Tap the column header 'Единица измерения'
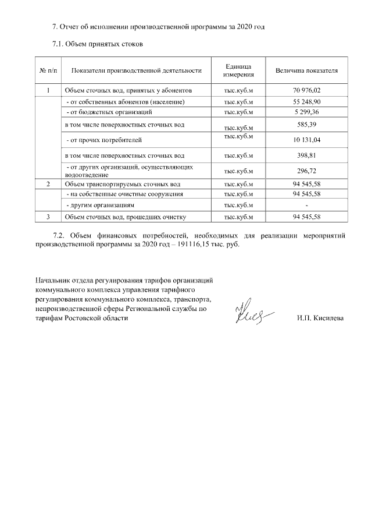238,70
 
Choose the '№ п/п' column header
48,70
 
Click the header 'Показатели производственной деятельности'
136,70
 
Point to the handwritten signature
251,313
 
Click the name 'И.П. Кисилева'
320,319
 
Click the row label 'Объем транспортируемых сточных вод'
122,184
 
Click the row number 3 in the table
48,217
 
